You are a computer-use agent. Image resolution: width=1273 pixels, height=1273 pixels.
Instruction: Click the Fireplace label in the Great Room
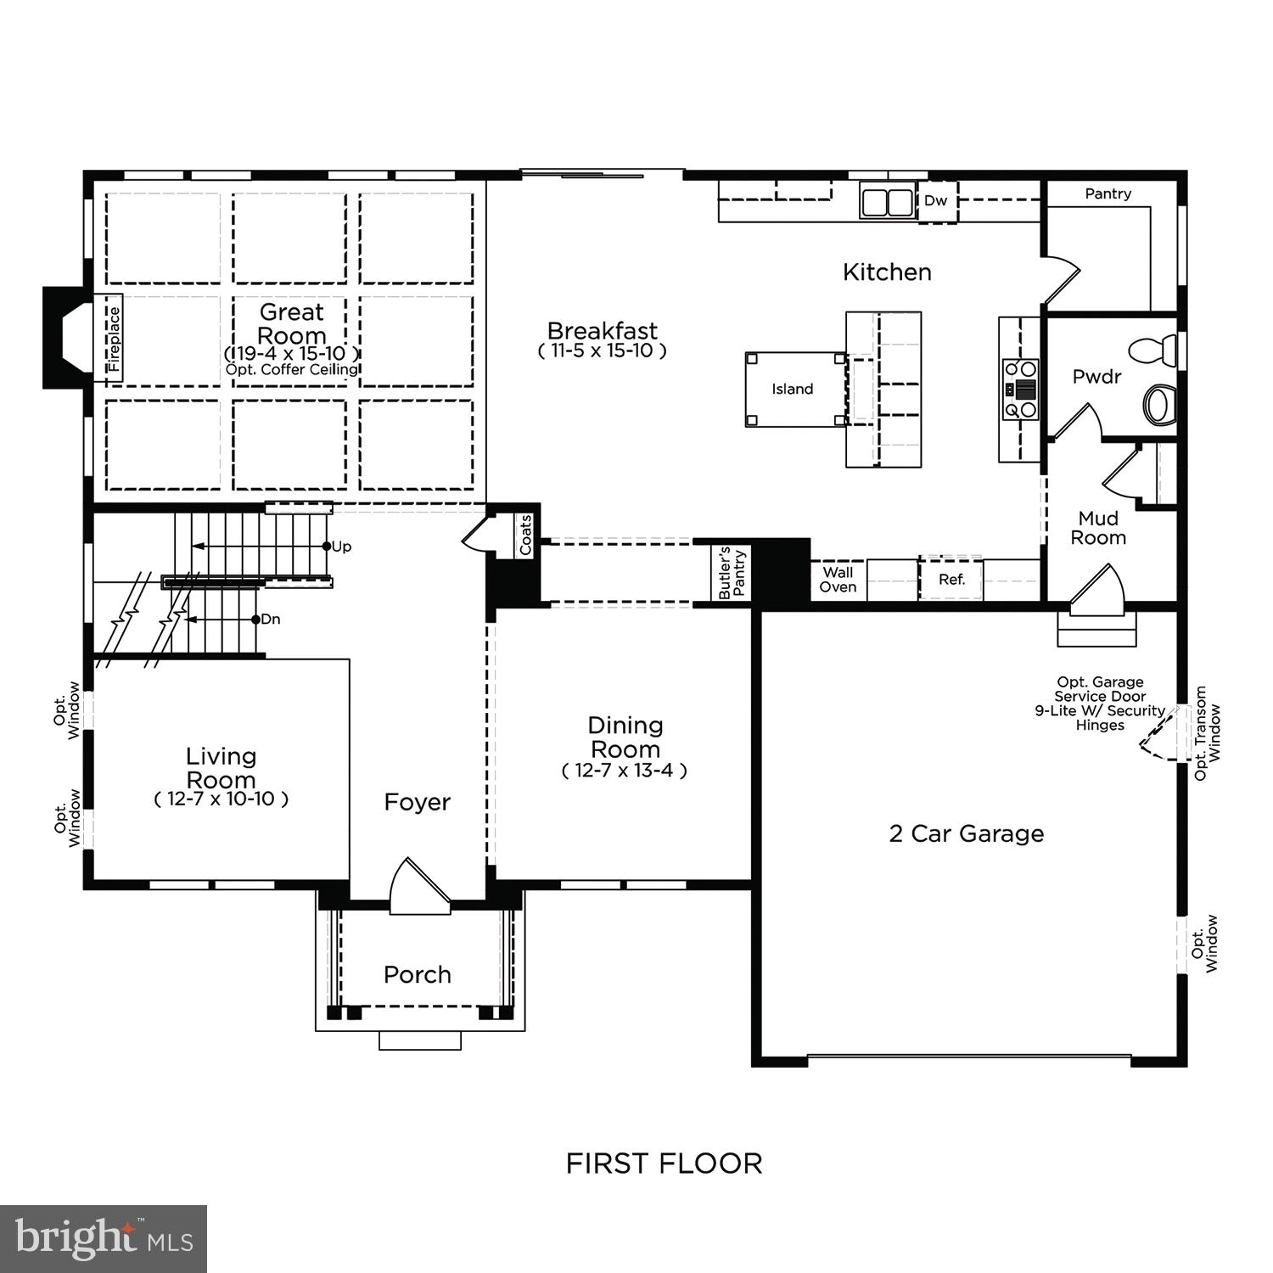[115, 339]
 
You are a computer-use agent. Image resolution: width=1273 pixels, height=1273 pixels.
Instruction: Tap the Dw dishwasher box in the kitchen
[935, 202]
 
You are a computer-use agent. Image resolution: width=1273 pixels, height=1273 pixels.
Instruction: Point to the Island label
[792, 390]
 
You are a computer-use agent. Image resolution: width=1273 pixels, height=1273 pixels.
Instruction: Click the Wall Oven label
[838, 580]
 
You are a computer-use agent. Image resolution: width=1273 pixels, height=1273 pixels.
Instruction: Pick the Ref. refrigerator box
[951, 580]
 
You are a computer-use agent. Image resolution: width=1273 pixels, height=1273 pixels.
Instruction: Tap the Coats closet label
[525, 536]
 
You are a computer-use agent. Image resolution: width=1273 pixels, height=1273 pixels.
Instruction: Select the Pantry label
[1108, 194]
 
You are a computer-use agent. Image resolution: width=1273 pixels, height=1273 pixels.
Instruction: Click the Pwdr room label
[1096, 377]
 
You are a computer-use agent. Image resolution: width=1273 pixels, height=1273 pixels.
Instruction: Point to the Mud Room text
[1098, 528]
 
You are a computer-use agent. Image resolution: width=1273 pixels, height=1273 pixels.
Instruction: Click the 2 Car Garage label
[966, 833]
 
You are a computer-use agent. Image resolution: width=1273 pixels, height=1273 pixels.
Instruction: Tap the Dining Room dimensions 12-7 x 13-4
[625, 771]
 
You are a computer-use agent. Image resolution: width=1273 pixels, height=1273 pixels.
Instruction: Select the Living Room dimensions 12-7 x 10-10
[222, 799]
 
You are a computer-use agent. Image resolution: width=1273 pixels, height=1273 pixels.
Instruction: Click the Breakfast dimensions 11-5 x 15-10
[603, 351]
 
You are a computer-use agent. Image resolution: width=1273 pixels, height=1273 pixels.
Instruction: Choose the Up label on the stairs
[341, 547]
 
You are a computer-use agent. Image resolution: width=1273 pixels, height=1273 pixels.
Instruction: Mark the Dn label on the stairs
[270, 620]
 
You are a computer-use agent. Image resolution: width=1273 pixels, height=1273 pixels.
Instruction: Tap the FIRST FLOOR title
[664, 1163]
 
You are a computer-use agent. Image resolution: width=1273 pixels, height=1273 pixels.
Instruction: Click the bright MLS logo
[104, 1239]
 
